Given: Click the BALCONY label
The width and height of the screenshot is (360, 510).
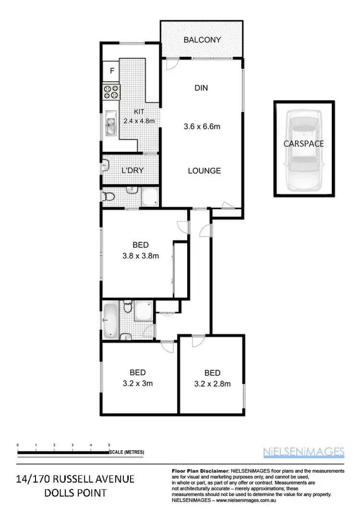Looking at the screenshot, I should click(202, 40).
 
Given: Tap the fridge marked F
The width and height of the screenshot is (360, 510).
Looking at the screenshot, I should click(112, 71).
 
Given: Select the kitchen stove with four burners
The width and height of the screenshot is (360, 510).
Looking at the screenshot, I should click(111, 92).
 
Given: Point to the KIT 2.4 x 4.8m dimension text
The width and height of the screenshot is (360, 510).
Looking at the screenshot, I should click(139, 117).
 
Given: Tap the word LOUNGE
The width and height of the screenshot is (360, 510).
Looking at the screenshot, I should click(204, 171).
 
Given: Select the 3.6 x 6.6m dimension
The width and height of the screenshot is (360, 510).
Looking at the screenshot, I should click(202, 127).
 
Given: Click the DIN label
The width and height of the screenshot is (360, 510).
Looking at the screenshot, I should click(201, 88).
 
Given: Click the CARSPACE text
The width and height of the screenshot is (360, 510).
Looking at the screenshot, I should click(303, 143).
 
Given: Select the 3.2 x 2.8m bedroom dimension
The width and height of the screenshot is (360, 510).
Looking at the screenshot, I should click(212, 384).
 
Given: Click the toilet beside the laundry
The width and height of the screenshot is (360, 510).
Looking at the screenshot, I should click(109, 197).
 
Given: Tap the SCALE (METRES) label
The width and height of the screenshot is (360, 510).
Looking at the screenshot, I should click(126, 452).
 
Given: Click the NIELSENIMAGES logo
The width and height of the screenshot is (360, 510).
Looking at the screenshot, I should click(303, 451).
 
